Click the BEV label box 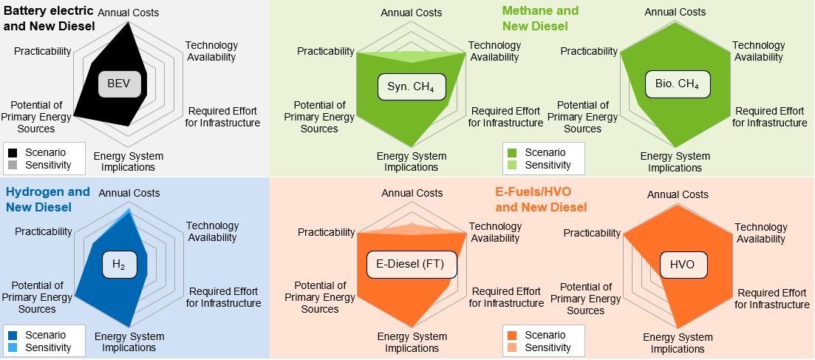[120, 84]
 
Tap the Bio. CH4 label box [678, 84]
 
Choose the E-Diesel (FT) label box [413, 265]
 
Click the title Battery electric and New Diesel [50, 18]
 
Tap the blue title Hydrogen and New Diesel [47, 200]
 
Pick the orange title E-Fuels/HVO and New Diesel [541, 200]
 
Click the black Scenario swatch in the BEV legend [13, 153]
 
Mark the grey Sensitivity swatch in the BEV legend [13, 166]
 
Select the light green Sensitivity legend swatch [512, 166]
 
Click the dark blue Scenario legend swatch [13, 335]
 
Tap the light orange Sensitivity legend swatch [512, 347]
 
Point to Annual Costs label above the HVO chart [678, 194]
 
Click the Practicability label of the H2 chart [43, 231]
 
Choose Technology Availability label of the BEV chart [211, 51]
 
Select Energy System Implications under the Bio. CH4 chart [675, 162]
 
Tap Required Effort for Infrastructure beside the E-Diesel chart [506, 297]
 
